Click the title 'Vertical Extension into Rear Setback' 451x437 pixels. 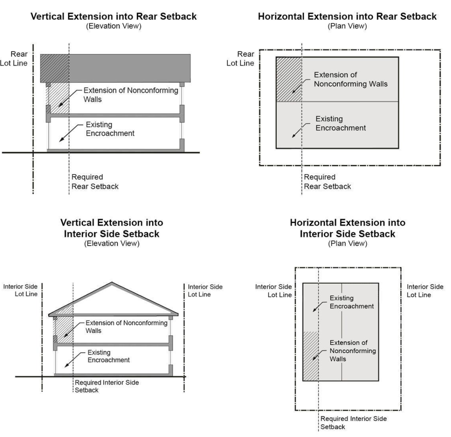click(114, 16)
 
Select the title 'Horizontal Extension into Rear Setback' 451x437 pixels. click(347, 16)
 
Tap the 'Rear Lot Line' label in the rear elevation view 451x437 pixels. click(13, 58)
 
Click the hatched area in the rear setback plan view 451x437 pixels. click(289, 79)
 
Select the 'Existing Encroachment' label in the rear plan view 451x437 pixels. click(340, 123)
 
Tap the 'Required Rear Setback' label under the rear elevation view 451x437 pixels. click(95, 182)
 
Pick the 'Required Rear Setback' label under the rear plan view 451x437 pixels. click(327, 182)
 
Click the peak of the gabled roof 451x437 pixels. click(112, 282)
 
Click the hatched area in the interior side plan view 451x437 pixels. click(310, 356)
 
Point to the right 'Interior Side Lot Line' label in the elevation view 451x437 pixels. click(205, 290)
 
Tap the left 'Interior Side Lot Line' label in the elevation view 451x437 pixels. click(20, 290)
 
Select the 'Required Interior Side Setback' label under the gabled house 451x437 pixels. click(107, 386)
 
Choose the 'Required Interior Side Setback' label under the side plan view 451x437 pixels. click(354, 423)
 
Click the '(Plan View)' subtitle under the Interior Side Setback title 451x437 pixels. click(348, 244)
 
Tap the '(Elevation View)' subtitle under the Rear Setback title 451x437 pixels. click(114, 26)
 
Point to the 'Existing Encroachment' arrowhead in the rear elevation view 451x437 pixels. click(61, 140)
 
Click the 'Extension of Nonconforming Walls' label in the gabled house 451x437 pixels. click(126, 327)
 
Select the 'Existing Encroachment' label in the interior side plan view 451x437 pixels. click(352, 302)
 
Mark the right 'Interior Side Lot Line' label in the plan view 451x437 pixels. click(425, 290)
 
